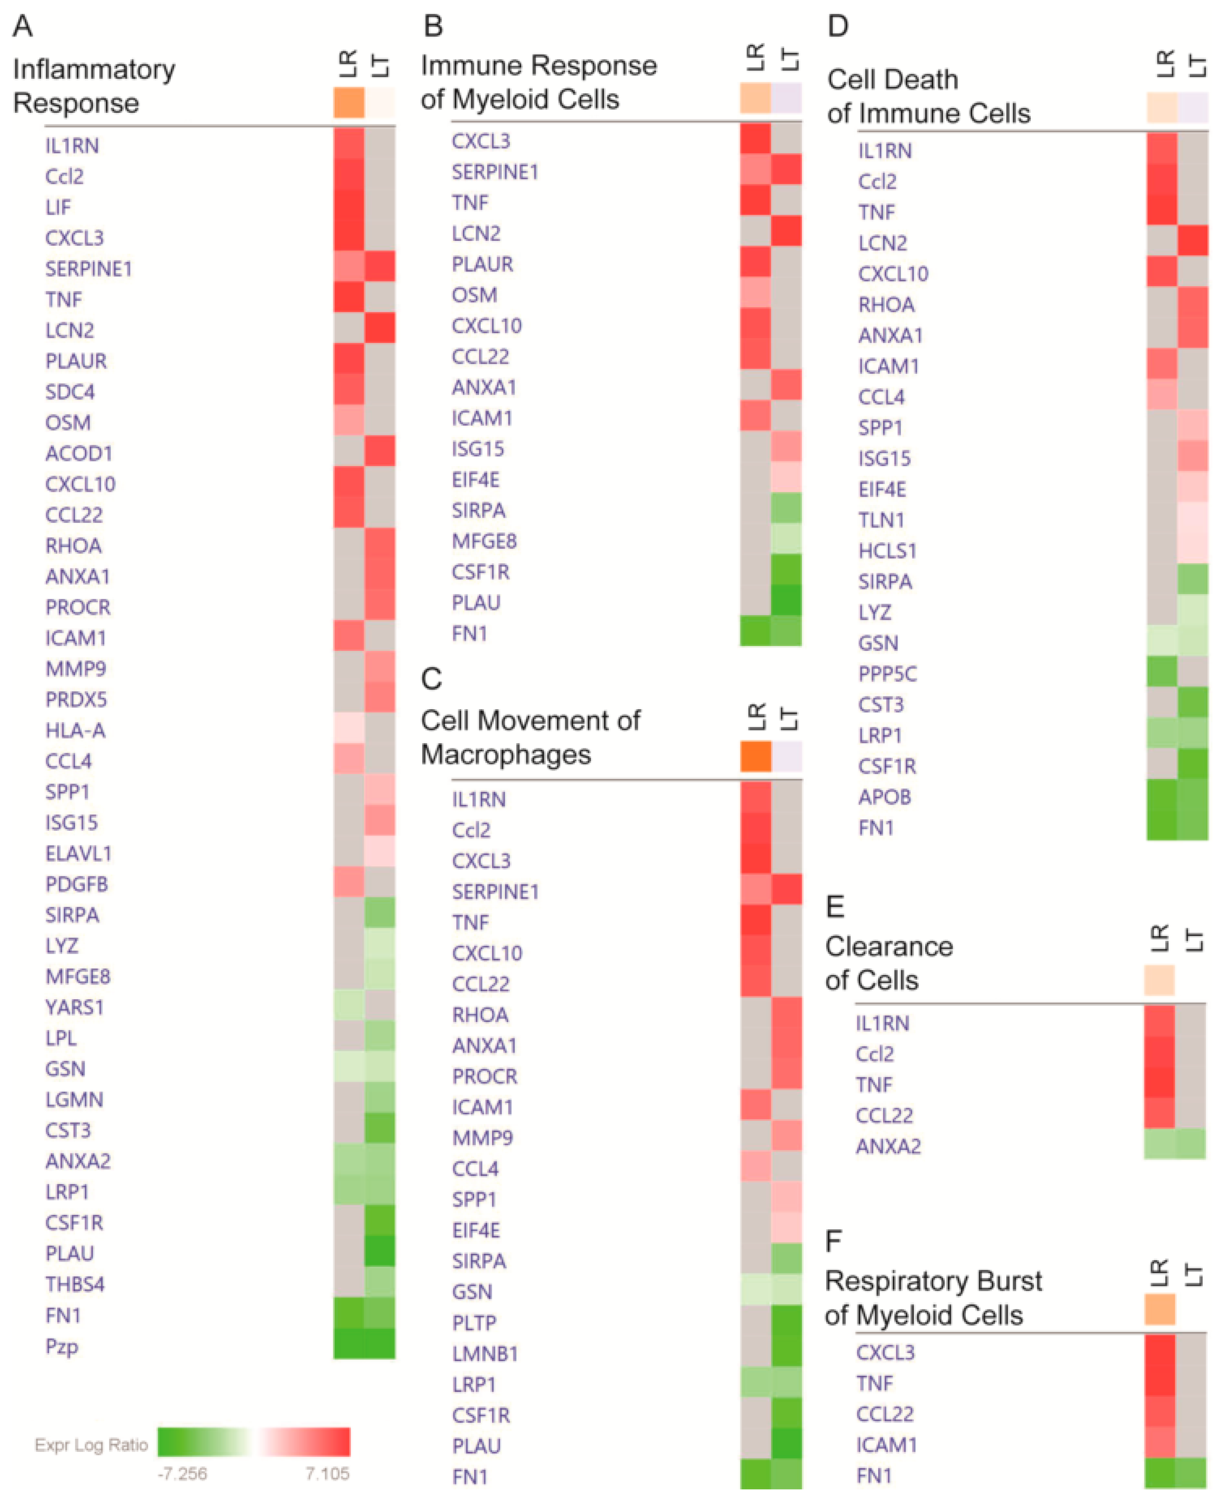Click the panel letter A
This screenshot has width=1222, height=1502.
pyautogui.click(x=23, y=26)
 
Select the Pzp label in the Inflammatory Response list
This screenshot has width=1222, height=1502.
pyautogui.click(x=61, y=1346)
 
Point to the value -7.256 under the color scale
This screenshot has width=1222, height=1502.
pyautogui.click(x=182, y=1473)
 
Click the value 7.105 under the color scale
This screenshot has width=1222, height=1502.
pyautogui.click(x=326, y=1473)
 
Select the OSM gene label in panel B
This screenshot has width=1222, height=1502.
pyautogui.click(x=475, y=295)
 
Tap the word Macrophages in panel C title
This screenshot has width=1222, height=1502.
pyautogui.click(x=506, y=754)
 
